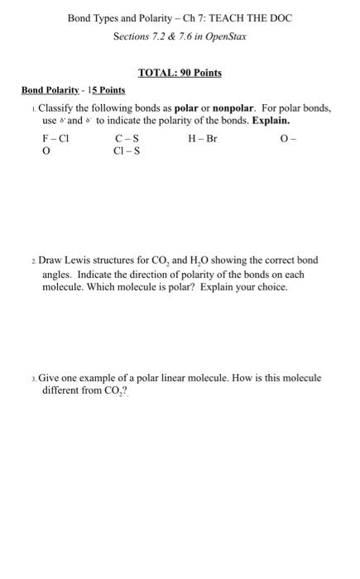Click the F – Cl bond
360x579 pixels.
(x=55, y=139)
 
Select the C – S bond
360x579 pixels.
(x=127, y=139)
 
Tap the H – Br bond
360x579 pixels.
(x=203, y=139)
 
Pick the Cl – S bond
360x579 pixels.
(x=127, y=151)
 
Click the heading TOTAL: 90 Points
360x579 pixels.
(x=180, y=73)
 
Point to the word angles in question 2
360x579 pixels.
(x=57, y=274)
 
